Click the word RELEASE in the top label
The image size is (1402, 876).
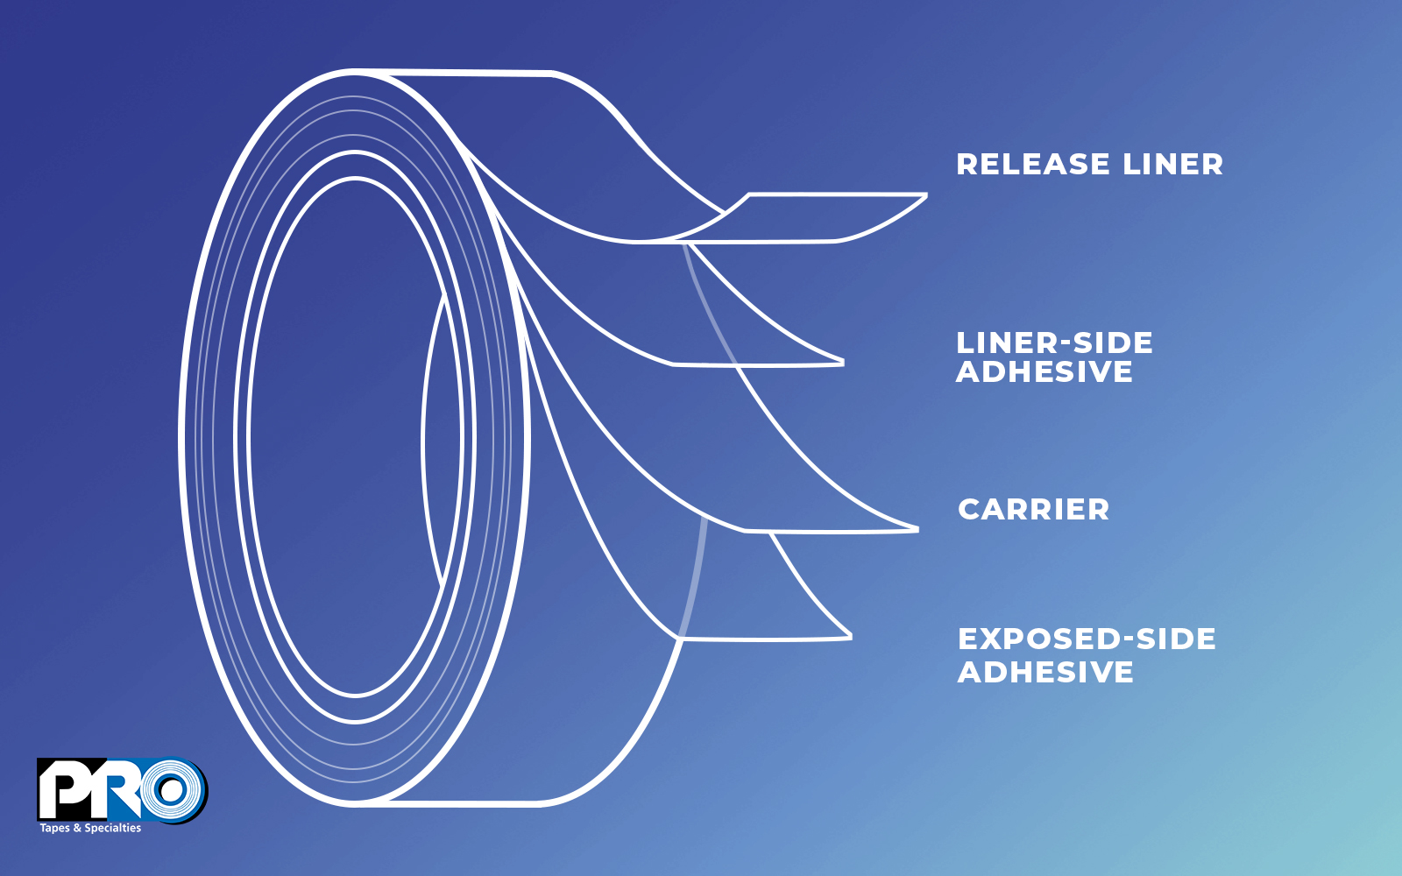pyautogui.click(x=1033, y=165)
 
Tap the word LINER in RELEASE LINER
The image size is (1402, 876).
pyautogui.click(x=1173, y=165)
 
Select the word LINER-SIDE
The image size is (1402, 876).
pyautogui.click(x=1054, y=343)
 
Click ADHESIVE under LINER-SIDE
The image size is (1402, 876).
pyautogui.click(x=1044, y=371)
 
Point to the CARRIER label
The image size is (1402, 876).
pyautogui.click(x=1033, y=509)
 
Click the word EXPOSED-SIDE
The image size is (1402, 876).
pyautogui.click(x=1087, y=639)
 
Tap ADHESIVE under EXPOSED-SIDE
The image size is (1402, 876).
pyautogui.click(x=1045, y=672)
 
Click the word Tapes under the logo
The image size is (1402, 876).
pyautogui.click(x=55, y=829)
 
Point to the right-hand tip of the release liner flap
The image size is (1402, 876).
pyautogui.click(x=926, y=195)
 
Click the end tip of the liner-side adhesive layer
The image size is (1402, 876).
pyautogui.click(x=843, y=363)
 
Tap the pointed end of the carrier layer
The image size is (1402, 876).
pyautogui.click(x=917, y=530)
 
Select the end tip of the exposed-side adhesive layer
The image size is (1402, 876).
pyautogui.click(x=851, y=637)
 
